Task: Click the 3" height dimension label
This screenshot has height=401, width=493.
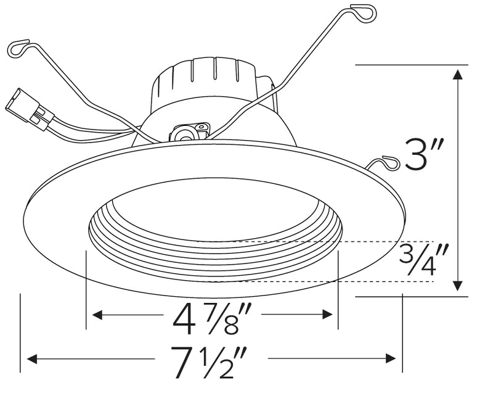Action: coord(422,156)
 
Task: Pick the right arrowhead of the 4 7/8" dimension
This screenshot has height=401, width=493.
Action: coord(328,315)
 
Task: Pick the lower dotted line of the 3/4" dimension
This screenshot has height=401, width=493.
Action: coord(320,281)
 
